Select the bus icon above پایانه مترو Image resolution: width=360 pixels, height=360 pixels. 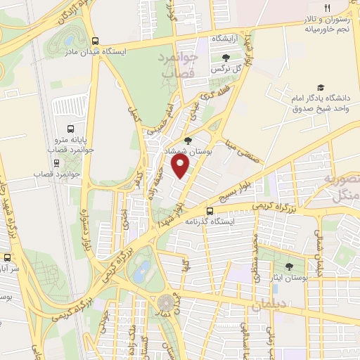[70, 129]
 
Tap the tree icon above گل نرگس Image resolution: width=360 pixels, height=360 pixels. [225, 58]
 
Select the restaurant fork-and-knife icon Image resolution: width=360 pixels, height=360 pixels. [326, 8]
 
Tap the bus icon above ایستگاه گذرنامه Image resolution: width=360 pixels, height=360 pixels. [209, 211]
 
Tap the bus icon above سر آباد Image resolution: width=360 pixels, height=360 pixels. [6, 257]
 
